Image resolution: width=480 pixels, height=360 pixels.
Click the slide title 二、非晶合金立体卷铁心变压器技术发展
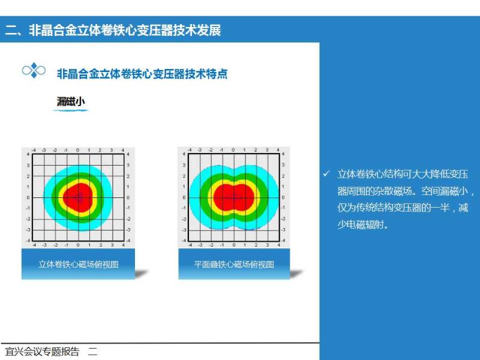[x=113, y=31]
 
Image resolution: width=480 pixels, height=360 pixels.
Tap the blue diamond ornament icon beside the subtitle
[x=34, y=71]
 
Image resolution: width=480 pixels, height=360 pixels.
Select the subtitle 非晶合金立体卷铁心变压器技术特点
[x=142, y=74]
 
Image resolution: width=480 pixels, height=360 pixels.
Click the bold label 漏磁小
[x=71, y=101]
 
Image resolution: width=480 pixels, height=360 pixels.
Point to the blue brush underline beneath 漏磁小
[x=71, y=110]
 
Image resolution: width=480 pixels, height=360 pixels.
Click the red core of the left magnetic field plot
[x=79, y=198]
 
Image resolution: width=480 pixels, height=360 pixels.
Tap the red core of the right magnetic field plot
[x=234, y=197]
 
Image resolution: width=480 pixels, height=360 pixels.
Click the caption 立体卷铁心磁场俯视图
[x=79, y=264]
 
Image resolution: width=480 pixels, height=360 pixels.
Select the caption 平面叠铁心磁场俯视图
[x=234, y=264]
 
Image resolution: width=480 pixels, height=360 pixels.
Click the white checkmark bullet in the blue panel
[x=326, y=174]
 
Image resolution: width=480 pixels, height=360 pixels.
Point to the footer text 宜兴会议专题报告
[x=42, y=352]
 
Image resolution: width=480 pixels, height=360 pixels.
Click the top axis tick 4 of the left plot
[x=123, y=151]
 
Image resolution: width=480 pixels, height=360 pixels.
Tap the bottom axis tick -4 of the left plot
[x=34, y=245]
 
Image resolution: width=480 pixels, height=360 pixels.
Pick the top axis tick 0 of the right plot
[x=233, y=150]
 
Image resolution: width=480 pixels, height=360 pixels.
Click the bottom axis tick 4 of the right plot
[x=278, y=245]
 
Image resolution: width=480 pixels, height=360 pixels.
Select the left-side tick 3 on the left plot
[x=28, y=166]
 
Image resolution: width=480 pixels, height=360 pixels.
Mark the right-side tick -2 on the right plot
[x=283, y=219]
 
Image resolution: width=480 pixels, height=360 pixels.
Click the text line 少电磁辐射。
[x=363, y=225]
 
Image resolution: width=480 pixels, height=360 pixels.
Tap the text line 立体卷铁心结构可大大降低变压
[x=403, y=174]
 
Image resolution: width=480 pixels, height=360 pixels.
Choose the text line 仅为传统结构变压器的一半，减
[x=403, y=208]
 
